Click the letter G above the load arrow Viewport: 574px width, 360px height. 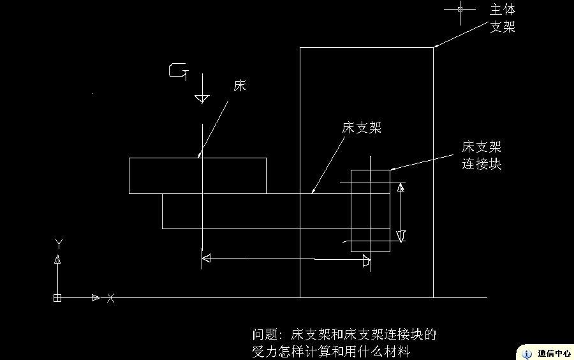178,71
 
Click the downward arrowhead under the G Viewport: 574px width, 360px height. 202,98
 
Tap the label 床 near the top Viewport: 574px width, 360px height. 240,86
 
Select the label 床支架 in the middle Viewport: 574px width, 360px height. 362,128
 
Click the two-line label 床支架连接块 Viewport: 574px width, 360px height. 482,156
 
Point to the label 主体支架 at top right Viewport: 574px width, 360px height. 502,19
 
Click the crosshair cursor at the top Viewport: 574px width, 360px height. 460,9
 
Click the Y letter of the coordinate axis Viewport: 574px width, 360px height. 58,244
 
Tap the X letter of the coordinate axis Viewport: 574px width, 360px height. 111,298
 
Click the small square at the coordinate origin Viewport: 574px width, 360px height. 57,298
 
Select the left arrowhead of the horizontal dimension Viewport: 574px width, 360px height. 206,258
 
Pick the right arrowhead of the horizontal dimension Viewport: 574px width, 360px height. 366,260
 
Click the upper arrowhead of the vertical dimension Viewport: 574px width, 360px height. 401,188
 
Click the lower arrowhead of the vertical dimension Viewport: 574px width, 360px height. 401,236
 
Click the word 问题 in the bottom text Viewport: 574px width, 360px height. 266,334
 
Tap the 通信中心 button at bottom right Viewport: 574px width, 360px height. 554,353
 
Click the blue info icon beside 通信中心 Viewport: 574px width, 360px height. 527,353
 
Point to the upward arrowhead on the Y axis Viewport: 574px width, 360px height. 58,259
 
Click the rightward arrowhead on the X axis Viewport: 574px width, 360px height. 96,298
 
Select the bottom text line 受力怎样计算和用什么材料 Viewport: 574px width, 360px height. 330,351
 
